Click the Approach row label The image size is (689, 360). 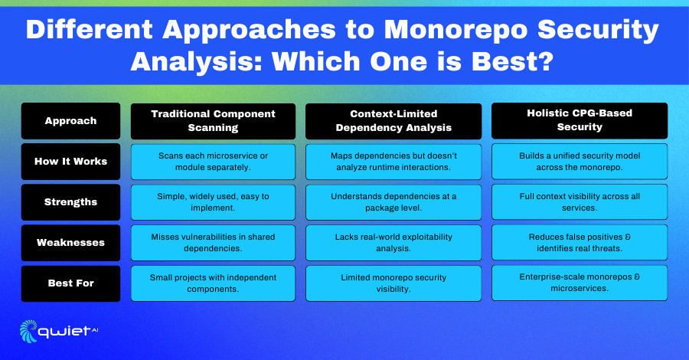point(70,121)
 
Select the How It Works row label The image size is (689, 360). point(70,162)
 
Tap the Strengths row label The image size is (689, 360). point(70,202)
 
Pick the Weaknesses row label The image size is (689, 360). point(70,243)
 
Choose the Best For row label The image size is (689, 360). point(70,283)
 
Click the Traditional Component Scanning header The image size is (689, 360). point(213,121)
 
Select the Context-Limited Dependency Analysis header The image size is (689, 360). point(393,121)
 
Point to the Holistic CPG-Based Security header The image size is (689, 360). point(580,120)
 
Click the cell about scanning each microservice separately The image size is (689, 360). point(213,162)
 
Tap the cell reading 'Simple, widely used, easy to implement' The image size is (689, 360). point(213,202)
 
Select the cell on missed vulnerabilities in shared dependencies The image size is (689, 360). point(213,243)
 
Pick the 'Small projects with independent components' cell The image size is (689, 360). point(213,283)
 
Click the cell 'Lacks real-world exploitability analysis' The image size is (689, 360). point(393,243)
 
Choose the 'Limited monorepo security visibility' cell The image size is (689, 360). point(393,283)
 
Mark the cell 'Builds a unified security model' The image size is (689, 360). point(580,162)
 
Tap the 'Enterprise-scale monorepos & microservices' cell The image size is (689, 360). point(580,283)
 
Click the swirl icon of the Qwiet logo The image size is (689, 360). point(28,331)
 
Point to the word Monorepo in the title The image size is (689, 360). point(456,30)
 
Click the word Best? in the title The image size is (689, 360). point(512,61)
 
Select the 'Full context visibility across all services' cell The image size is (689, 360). point(580,201)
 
